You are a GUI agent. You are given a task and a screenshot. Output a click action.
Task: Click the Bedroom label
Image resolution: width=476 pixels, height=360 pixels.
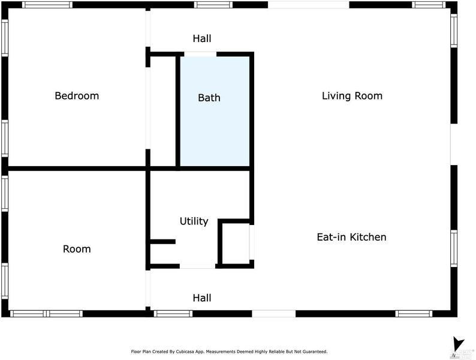tap(77, 96)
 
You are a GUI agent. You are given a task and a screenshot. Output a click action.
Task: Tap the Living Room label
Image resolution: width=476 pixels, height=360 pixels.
tap(352, 96)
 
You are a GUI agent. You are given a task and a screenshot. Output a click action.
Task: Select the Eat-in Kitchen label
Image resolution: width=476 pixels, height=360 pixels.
tap(351, 237)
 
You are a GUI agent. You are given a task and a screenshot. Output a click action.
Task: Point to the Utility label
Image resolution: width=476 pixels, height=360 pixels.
tap(194, 221)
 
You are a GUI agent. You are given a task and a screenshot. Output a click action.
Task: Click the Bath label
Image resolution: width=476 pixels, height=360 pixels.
tap(209, 98)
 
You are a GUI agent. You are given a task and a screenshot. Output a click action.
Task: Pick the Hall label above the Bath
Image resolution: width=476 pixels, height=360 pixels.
tap(202, 38)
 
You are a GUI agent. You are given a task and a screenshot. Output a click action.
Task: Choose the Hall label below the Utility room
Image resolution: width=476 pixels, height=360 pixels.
tap(202, 298)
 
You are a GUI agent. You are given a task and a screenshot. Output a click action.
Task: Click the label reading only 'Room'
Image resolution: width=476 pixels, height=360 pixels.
tap(77, 249)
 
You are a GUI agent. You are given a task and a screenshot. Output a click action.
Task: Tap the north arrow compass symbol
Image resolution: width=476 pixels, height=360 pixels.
tap(458, 345)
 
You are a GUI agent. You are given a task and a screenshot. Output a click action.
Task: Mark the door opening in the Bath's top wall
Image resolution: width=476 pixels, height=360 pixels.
tap(200, 54)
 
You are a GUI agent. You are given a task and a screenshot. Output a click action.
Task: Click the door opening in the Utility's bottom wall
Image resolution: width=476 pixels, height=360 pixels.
tap(198, 266)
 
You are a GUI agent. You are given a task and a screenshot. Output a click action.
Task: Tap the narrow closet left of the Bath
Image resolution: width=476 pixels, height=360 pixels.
tap(163, 111)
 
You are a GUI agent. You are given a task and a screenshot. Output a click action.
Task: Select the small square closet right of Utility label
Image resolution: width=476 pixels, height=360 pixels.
tap(236, 244)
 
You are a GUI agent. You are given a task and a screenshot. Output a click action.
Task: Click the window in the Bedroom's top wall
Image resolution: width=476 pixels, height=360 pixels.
tap(47, 5)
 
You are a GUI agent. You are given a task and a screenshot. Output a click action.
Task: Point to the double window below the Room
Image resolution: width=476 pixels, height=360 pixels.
tap(46, 314)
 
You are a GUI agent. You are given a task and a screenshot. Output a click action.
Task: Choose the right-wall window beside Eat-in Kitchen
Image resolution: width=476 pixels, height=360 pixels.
tap(454, 248)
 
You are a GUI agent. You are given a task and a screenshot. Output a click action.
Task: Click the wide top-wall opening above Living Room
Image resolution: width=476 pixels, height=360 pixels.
tap(308, 5)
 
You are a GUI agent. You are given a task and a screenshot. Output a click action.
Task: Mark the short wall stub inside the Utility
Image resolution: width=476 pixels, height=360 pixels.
tap(163, 242)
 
